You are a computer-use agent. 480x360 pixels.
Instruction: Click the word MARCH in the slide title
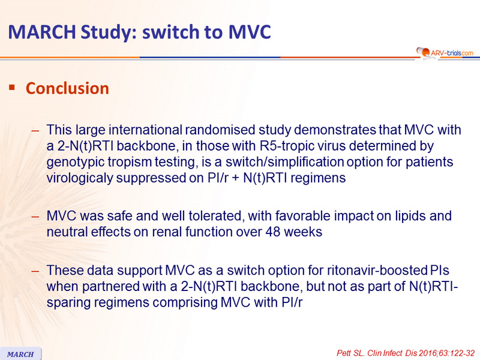pyautogui.click(x=42, y=32)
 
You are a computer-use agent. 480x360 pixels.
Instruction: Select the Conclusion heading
pyautogui.click(x=67, y=88)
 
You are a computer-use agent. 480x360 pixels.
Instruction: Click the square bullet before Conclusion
pyautogui.click(x=12, y=88)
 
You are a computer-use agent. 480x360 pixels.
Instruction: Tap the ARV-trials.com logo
pyautogui.click(x=445, y=53)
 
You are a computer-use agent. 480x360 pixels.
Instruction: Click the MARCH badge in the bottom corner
pyautogui.click(x=20, y=354)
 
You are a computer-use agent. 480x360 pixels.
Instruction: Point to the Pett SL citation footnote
pyautogui.click(x=406, y=353)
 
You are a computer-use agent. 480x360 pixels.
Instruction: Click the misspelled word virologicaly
pyautogui.click(x=80, y=178)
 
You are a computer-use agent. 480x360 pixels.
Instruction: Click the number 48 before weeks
pyautogui.click(x=273, y=232)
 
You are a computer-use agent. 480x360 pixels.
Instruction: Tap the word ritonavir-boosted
pyautogui.click(x=377, y=271)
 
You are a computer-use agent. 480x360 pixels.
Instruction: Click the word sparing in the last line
pyautogui.click(x=68, y=303)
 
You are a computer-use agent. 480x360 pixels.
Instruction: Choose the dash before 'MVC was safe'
pyautogui.click(x=35, y=217)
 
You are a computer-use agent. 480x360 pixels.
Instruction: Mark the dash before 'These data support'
pyautogui.click(x=35, y=271)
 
